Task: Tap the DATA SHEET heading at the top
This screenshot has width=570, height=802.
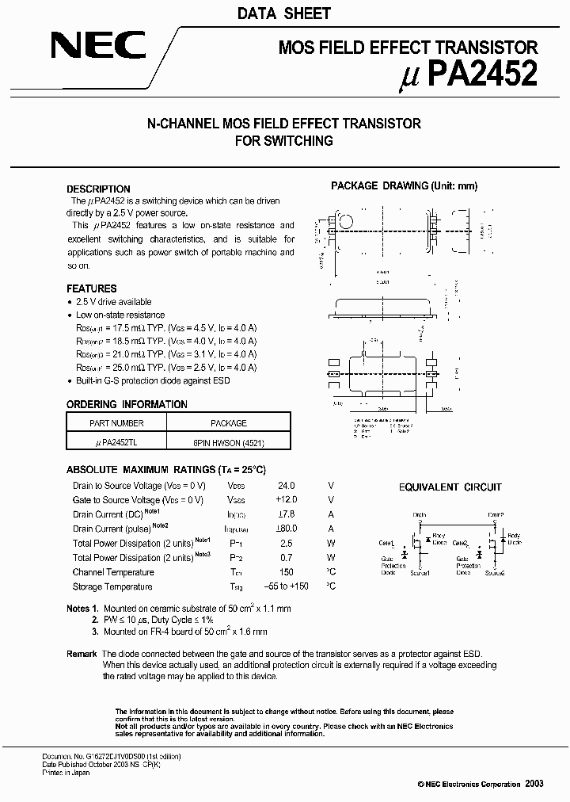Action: point(284,13)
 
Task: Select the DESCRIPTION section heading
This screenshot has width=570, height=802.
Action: point(98,189)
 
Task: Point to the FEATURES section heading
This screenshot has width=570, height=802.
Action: point(91,288)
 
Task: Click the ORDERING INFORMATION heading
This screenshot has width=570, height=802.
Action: point(127,404)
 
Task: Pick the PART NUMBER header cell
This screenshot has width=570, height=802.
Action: point(117,423)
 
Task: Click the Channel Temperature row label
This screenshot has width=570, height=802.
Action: point(112,572)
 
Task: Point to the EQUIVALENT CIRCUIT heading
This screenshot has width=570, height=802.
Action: point(450,487)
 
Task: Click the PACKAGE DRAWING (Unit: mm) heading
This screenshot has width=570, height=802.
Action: point(404,186)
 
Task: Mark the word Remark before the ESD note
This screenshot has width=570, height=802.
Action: point(82,653)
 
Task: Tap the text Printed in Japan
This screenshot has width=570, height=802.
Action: point(66,773)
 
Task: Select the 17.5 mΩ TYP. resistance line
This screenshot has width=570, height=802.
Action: point(166,328)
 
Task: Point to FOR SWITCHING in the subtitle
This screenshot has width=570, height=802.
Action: point(284,141)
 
